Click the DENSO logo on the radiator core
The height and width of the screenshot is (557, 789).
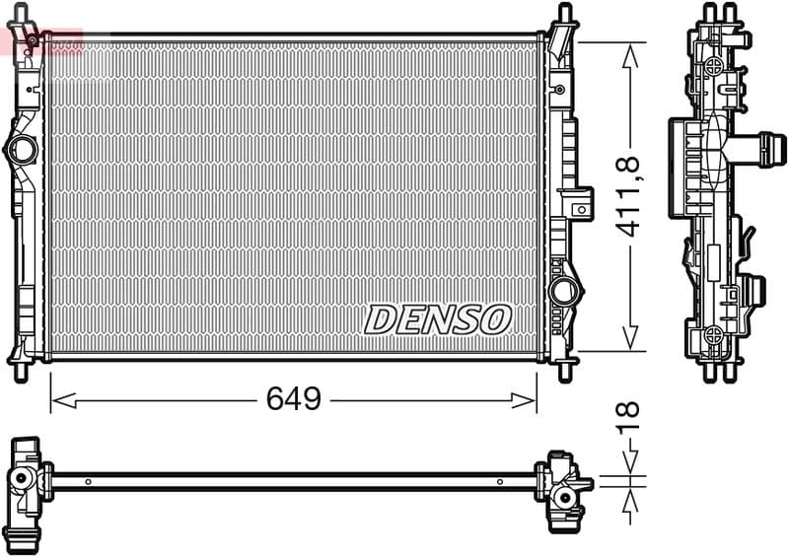[438, 318]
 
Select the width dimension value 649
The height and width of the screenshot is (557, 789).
[294, 399]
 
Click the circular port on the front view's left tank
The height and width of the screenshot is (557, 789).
[21, 150]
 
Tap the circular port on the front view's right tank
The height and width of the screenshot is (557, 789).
[564, 292]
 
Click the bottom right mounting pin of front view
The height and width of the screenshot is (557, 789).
[564, 371]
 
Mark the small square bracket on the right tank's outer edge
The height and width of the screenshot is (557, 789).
[582, 208]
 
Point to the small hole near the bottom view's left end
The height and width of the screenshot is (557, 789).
[88, 482]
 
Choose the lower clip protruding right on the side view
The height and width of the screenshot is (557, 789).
[753, 290]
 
